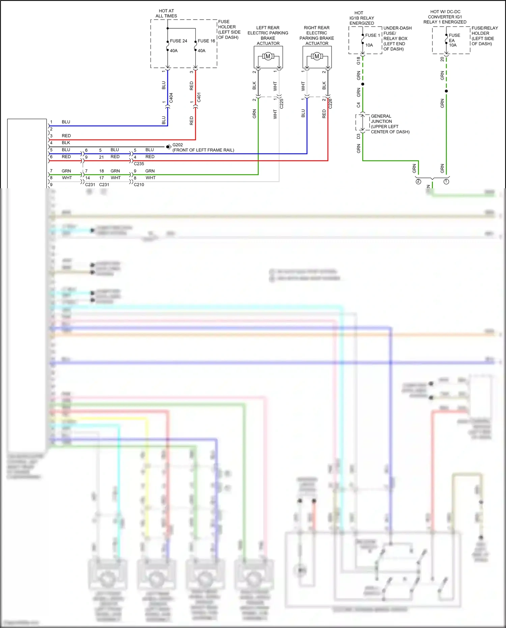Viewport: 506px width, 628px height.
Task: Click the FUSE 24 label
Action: pyautogui.click(x=178, y=41)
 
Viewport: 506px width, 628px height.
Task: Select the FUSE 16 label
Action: pyautogui.click(x=206, y=41)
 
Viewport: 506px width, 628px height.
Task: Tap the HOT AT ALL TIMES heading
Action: pyautogui.click(x=166, y=13)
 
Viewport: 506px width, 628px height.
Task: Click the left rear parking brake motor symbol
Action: pyautogui.click(x=268, y=56)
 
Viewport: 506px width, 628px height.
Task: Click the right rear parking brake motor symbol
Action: pyautogui.click(x=317, y=56)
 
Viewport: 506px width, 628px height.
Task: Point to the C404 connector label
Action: pyautogui.click(x=171, y=98)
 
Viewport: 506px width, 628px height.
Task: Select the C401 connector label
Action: pyautogui.click(x=199, y=98)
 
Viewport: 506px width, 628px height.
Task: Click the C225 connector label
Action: pyautogui.click(x=282, y=103)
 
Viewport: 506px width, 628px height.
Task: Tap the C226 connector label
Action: pyautogui.click(x=330, y=103)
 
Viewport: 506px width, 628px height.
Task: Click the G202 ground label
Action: pyautogui.click(x=178, y=145)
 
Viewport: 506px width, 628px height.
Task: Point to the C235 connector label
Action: pyautogui.click(x=139, y=164)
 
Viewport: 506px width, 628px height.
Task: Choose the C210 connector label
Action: pyautogui.click(x=139, y=185)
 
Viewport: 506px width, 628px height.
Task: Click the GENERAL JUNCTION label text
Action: pyautogui.click(x=381, y=119)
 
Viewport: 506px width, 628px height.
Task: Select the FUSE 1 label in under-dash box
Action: pyautogui.click(x=372, y=35)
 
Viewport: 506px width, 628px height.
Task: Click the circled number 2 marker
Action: pyautogui.click(x=418, y=182)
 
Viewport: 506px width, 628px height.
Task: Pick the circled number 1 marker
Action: pyautogui.click(x=446, y=182)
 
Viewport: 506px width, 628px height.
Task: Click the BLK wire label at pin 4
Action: pyautogui.click(x=66, y=143)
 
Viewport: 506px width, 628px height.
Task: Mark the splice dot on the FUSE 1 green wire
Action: pyautogui.click(x=363, y=84)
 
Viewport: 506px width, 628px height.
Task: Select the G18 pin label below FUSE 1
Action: pyautogui.click(x=358, y=61)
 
